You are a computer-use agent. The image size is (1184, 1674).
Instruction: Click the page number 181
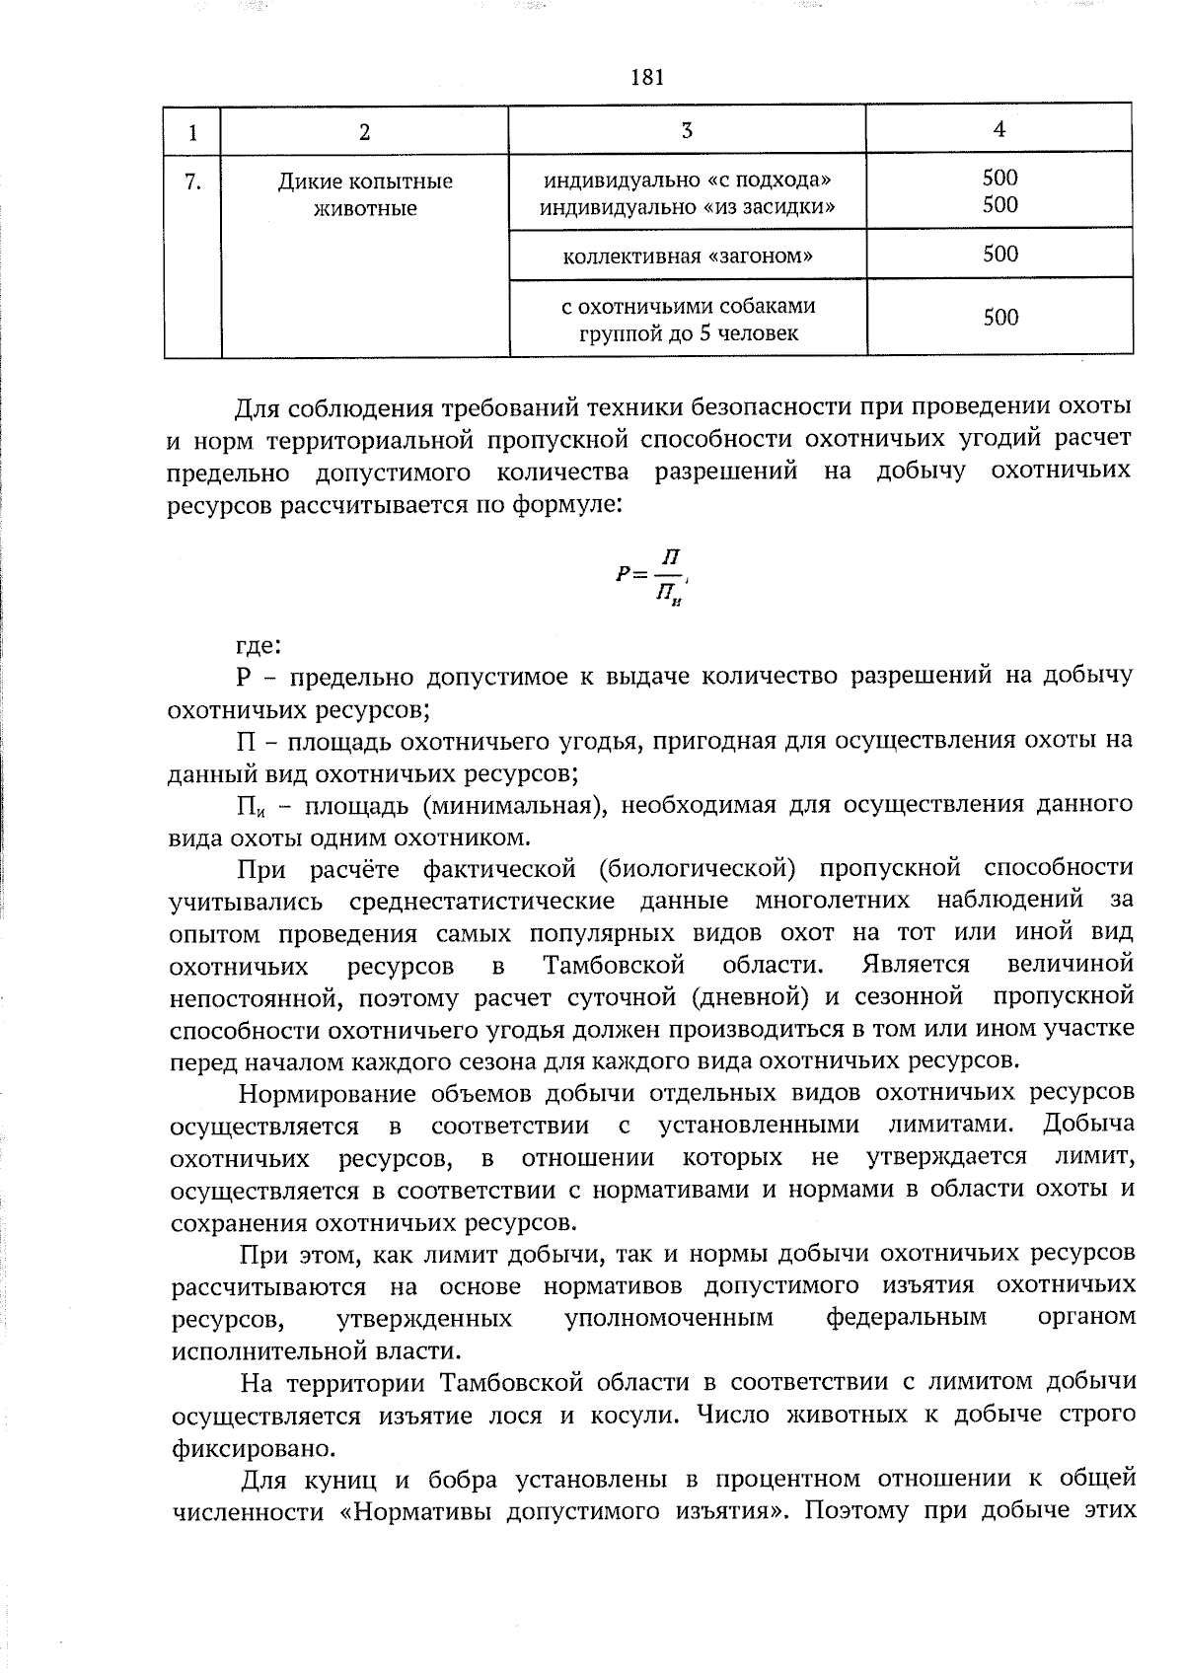point(646,77)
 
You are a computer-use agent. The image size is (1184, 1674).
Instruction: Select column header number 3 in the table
point(687,129)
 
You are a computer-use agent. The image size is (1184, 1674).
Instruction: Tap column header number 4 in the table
point(999,128)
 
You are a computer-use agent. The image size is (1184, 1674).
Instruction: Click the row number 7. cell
point(193,182)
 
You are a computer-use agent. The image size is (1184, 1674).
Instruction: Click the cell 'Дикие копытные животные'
point(364,195)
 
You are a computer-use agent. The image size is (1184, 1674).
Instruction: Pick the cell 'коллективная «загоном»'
point(688,256)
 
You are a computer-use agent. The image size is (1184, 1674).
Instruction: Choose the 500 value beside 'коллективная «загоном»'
point(999,255)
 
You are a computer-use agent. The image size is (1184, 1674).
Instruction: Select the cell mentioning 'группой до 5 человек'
point(688,333)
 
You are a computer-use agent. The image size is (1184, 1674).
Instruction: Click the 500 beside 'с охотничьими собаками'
point(999,318)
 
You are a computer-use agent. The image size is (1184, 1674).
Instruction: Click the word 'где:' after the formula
point(259,646)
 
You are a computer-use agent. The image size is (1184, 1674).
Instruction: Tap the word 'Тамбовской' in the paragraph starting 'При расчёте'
point(614,964)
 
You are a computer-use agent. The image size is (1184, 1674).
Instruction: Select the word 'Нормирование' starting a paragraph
point(326,1093)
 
